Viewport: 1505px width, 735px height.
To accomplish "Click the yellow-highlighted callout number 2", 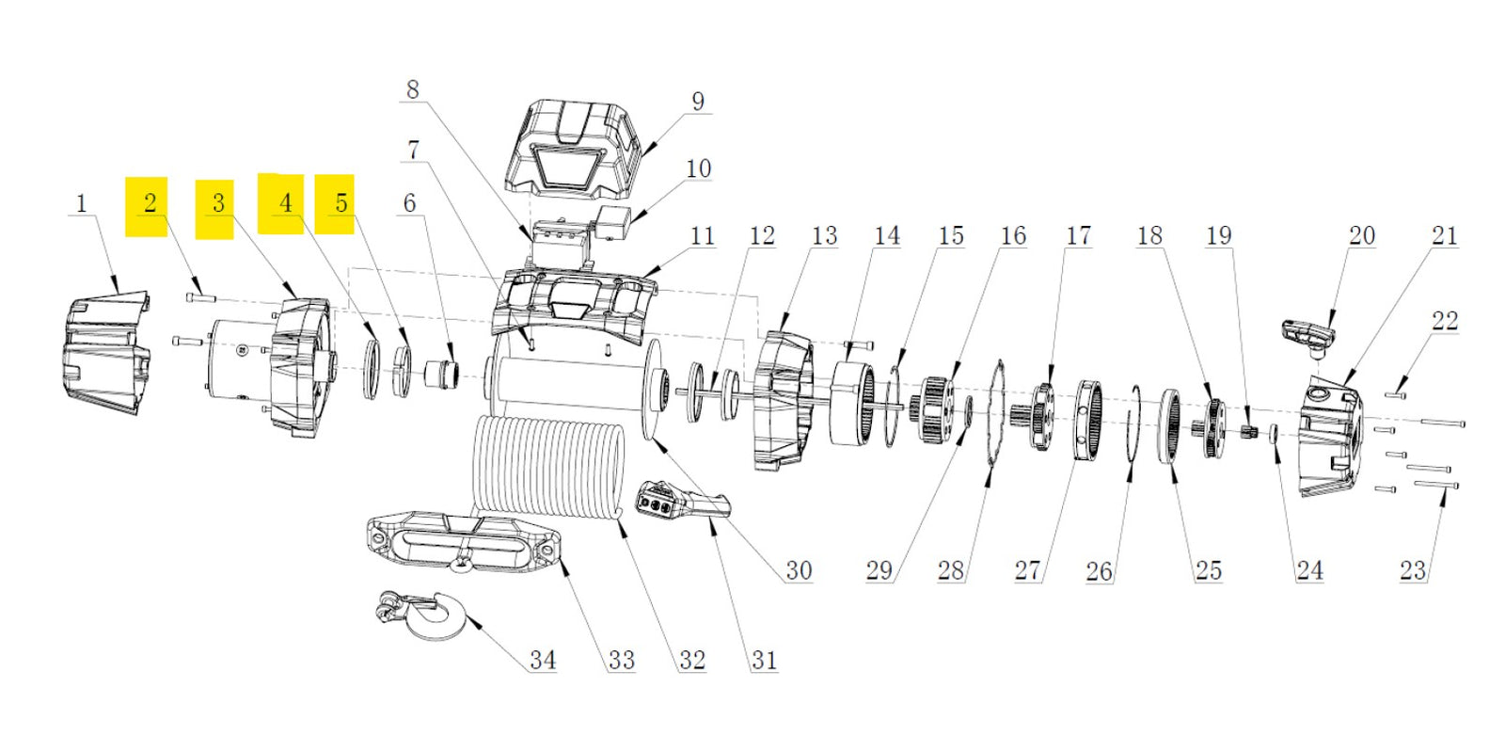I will [x=150, y=203].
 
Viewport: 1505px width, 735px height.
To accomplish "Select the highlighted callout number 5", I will [x=341, y=203].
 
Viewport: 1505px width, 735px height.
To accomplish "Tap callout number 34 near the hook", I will [x=542, y=660].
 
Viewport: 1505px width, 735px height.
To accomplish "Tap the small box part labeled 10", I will [x=611, y=223].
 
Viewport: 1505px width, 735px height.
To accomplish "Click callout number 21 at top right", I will [x=1444, y=235].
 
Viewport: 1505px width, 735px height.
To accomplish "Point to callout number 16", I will [x=1012, y=235].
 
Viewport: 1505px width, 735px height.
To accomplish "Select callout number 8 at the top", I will [x=412, y=89].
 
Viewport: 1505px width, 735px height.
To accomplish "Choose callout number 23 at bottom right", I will [x=1411, y=569].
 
